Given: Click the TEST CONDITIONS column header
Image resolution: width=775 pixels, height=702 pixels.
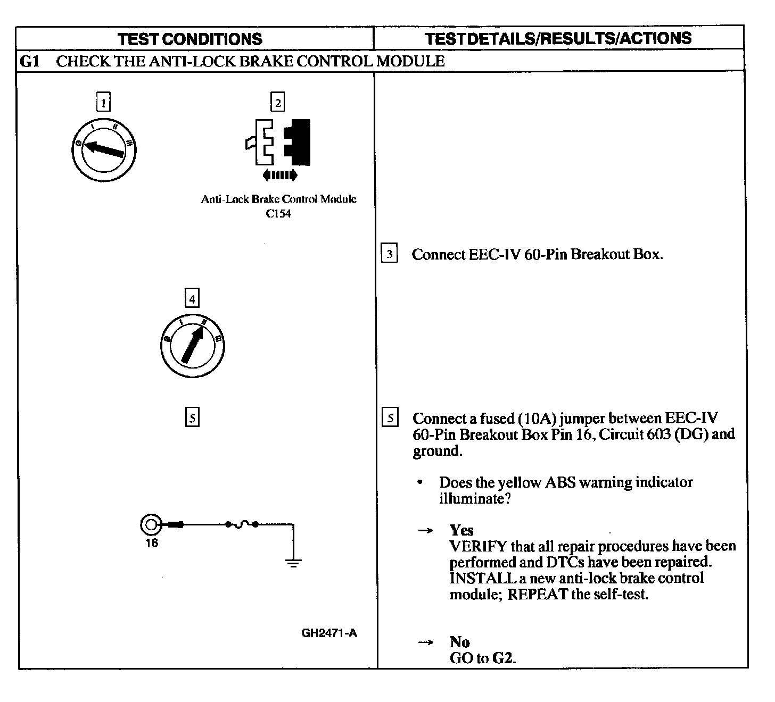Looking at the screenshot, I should [190, 39].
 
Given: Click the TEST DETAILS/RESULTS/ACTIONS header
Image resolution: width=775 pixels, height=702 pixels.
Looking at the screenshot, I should [558, 38].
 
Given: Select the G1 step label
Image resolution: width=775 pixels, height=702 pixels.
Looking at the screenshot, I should [29, 61].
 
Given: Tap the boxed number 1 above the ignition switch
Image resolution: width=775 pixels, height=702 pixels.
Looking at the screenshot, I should [103, 102].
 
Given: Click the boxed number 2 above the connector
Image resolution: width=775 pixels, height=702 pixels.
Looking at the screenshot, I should [277, 102].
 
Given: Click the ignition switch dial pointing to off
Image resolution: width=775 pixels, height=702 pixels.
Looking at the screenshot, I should [104, 149].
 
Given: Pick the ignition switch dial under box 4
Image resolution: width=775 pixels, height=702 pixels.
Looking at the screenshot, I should [192, 346].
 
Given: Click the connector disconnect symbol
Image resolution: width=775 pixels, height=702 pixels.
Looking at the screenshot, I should [278, 141].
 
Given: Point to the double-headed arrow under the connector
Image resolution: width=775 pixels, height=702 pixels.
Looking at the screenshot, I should [280, 175].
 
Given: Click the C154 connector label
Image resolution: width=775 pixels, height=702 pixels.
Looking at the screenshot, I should [278, 214].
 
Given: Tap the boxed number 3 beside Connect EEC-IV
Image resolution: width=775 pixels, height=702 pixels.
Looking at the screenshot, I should [389, 254].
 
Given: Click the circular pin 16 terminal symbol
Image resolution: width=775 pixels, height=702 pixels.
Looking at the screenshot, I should [150, 525].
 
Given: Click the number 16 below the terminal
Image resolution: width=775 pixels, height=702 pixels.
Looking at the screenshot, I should [152, 543].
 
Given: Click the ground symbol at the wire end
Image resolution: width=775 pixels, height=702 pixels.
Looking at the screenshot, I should [293, 562].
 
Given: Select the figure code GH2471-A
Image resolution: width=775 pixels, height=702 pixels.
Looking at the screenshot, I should [329, 633].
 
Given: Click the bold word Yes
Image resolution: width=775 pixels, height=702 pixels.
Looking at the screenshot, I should [461, 530].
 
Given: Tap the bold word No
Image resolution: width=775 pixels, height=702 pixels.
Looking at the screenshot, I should [459, 641].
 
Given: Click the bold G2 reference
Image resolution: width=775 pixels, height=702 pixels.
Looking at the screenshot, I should [503, 658].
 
